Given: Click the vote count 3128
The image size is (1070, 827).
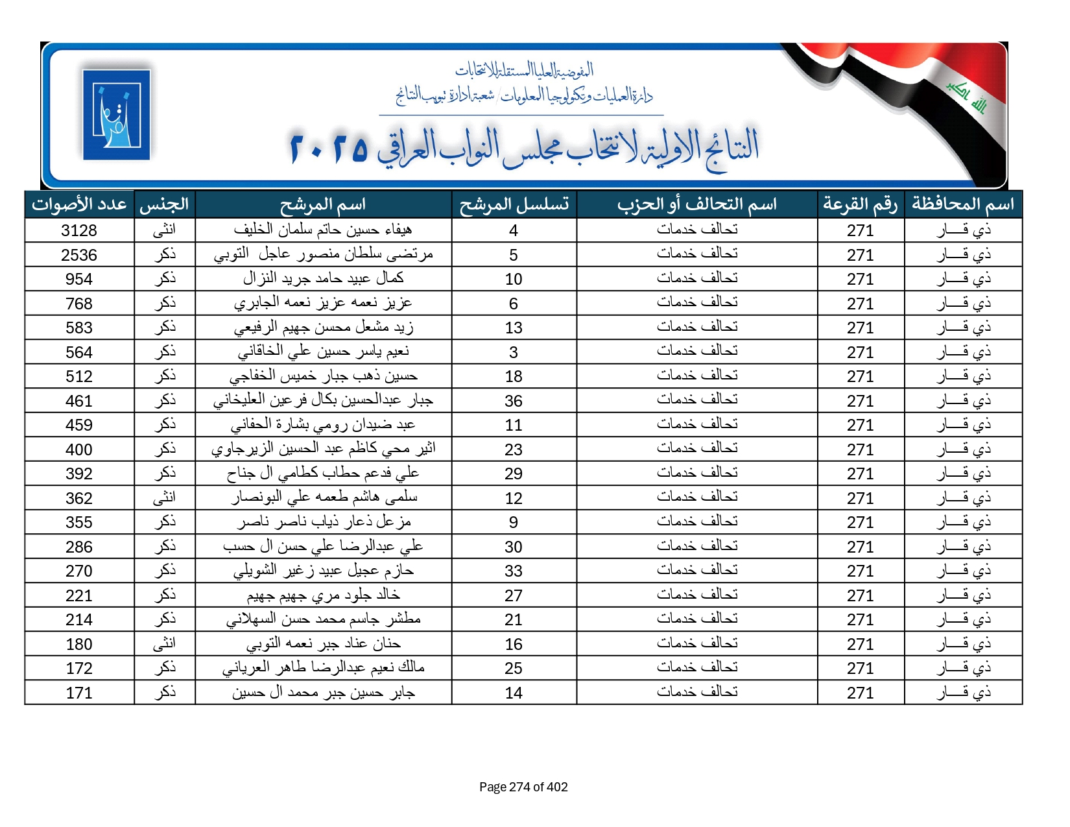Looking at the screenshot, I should pos(79,230).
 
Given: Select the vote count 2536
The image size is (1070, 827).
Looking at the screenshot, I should pos(79,255).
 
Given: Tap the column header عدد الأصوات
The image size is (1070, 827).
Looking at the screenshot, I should pos(79,204).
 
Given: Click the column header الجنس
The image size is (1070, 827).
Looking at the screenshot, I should pos(165,204).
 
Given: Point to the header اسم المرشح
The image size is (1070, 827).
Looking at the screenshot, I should pos(323,204).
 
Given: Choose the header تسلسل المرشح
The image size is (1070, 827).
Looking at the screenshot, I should pos(514,204).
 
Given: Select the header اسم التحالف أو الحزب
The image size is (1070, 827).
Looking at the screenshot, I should pos(697,204).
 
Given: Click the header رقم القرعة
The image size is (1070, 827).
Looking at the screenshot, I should pos(861,204).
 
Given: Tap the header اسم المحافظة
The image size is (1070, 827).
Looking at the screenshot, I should pos(963,204).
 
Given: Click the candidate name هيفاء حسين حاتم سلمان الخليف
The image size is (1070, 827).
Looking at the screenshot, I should pos(323,230).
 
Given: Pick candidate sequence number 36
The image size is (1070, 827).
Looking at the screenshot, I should pos(514,401).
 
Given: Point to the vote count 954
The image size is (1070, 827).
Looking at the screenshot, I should pos(79,279).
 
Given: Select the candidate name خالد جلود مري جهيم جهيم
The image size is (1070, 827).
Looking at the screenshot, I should pos(323,595).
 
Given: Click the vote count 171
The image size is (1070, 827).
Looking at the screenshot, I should pos(79,693).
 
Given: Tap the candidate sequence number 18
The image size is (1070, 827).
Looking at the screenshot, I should pos(514,376).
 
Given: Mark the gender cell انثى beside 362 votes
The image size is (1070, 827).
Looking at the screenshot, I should pos(165,497).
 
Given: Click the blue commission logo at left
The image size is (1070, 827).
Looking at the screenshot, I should pos(117,115).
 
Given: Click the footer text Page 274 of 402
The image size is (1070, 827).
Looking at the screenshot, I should pos(523,787).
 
